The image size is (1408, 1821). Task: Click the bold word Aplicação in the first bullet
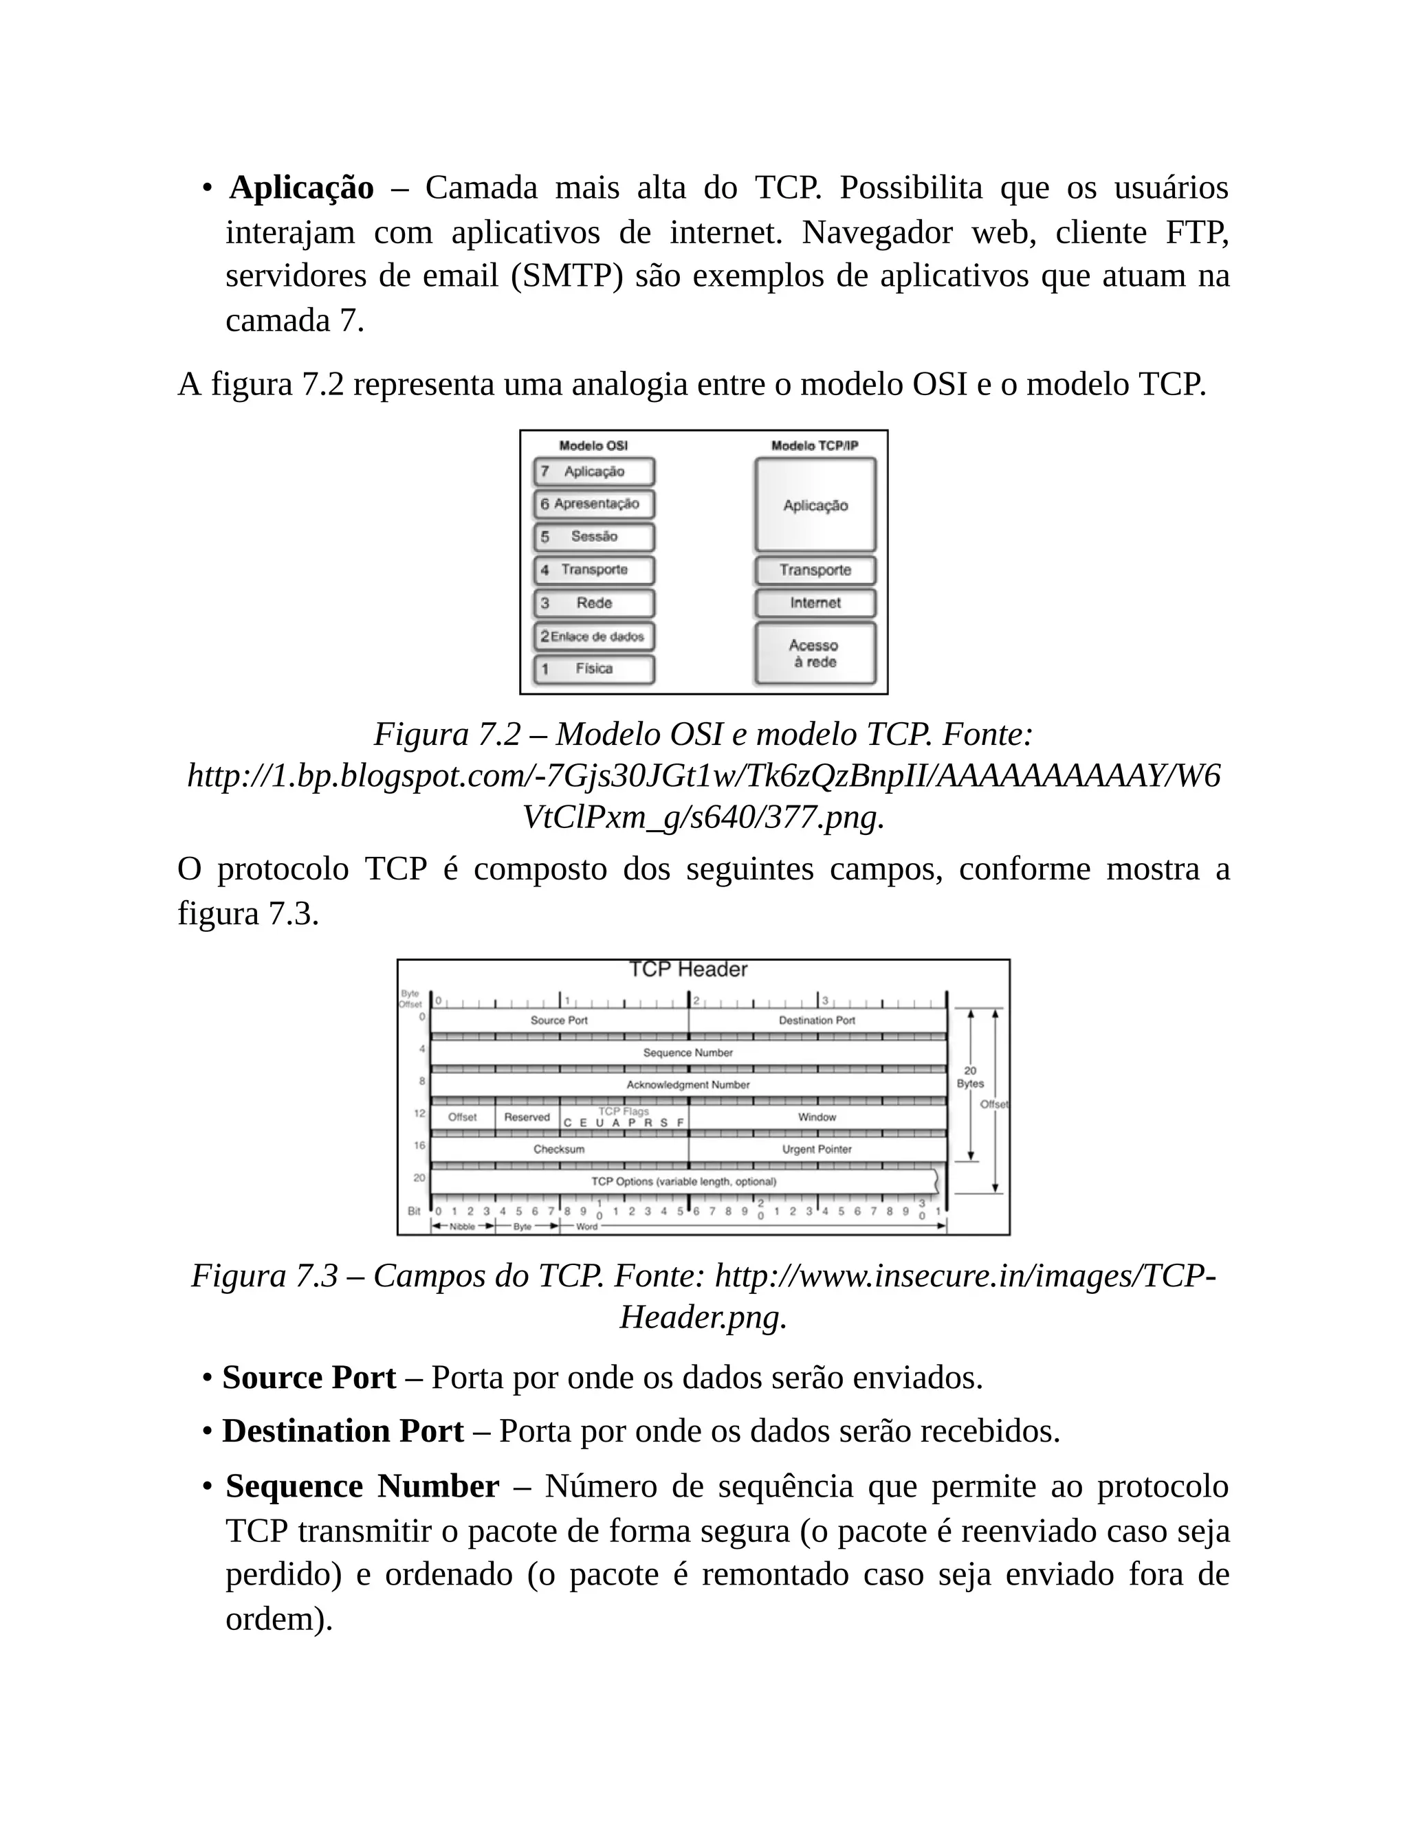pos(301,188)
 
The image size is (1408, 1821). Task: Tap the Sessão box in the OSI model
pos(594,537)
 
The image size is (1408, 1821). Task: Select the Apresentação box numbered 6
pos(594,504)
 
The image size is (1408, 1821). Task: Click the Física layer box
pos(594,669)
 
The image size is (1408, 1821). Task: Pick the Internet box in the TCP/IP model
pos(815,603)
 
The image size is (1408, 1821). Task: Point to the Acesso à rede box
pos(815,653)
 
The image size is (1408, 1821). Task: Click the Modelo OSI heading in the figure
pos(593,446)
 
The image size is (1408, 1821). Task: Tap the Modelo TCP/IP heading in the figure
pos(814,446)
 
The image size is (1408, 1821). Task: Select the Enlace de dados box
pos(594,636)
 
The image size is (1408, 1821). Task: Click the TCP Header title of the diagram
pos(687,970)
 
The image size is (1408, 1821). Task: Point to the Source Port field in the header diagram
pos(559,1020)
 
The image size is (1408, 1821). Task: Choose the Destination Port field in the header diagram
pos(817,1020)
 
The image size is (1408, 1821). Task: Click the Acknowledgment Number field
pos(687,1085)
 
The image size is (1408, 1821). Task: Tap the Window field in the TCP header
pos(817,1117)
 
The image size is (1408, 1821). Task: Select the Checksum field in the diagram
pos(559,1149)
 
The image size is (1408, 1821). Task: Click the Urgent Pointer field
pos(817,1149)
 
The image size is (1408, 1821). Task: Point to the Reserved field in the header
pos(527,1117)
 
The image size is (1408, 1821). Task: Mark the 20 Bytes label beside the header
pos(970,1077)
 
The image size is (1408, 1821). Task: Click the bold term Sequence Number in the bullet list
pos(362,1486)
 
